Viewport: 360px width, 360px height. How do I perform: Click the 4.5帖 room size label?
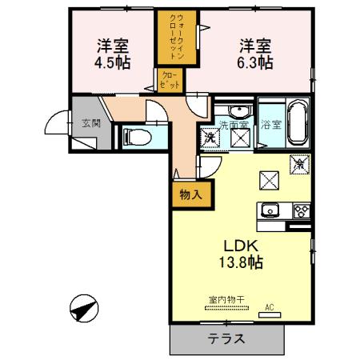pyautogui.click(x=114, y=62)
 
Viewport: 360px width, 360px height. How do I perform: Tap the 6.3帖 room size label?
pyautogui.click(x=255, y=62)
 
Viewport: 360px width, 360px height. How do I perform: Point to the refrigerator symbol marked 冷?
pyautogui.click(x=299, y=164)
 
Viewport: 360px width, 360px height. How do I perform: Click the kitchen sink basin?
pyautogui.click(x=270, y=211)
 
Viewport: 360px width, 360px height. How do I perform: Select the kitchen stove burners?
pyautogui.click(x=302, y=211)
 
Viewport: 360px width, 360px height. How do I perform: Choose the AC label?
pyautogui.click(x=269, y=306)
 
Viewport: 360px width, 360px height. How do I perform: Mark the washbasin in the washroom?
pyautogui.click(x=243, y=111)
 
